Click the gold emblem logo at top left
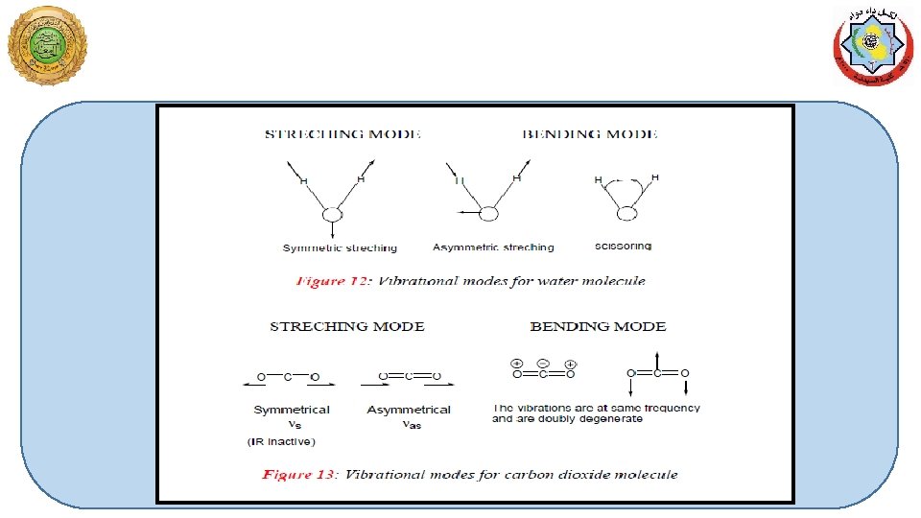tap(46, 45)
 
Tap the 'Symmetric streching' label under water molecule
tap(340, 248)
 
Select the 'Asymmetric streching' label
tap(493, 247)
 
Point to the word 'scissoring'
tap(623, 247)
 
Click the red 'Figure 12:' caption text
tap(334, 282)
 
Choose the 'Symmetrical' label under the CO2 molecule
tap(292, 410)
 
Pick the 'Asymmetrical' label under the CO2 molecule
tap(409, 410)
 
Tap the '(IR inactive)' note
tap(280, 441)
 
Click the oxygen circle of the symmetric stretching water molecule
tap(332, 214)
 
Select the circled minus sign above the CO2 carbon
tap(542, 364)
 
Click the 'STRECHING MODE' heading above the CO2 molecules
tap(347, 327)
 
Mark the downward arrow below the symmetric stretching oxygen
tap(332, 231)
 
